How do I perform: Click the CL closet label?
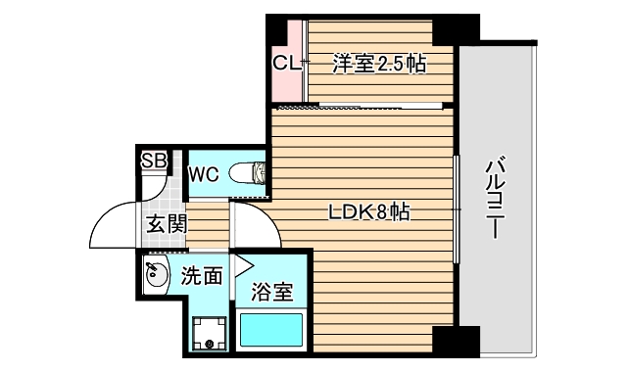tap(285, 65)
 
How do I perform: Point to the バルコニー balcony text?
tap(496, 197)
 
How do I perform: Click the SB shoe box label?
tap(154, 162)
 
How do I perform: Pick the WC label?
tap(203, 175)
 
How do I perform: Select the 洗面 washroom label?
tap(202, 276)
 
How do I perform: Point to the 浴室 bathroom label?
tap(270, 292)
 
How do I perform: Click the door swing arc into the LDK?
tap(257, 223)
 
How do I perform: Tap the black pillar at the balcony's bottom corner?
tap(446, 344)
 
